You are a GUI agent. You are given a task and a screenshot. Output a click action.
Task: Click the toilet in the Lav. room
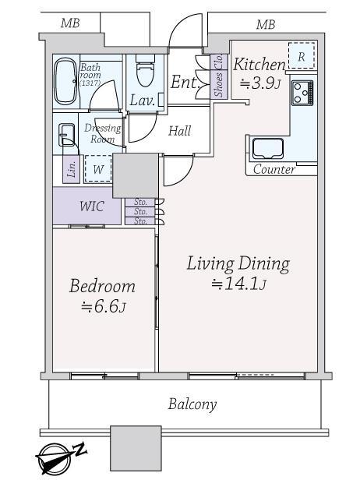[x=146, y=70]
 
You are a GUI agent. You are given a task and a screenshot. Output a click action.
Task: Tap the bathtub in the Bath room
[x=65, y=81]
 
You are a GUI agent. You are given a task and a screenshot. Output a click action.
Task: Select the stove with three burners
[x=302, y=93]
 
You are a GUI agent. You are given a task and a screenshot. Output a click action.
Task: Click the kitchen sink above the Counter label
[x=267, y=149]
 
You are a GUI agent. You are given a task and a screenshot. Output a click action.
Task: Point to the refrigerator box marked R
[x=302, y=56]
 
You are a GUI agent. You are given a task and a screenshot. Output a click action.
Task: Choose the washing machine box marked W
[x=98, y=169]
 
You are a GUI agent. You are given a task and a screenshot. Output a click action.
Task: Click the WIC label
[x=92, y=206]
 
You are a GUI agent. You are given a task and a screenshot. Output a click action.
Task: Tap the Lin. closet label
[x=72, y=169]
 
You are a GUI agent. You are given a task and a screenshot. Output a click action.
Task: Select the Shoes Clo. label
[x=218, y=76]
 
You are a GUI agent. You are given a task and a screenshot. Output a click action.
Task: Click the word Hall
[x=180, y=131]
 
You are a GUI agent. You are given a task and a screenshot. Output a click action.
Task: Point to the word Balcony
[x=192, y=404]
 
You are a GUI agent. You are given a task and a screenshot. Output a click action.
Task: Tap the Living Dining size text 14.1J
[x=238, y=284]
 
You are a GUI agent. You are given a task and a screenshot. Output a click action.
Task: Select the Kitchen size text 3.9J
[x=260, y=83]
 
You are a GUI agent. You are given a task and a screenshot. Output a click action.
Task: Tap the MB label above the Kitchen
[x=266, y=24]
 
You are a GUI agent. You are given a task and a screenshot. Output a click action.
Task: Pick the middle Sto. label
[x=140, y=211]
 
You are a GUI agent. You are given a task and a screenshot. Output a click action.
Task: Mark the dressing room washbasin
[x=67, y=135]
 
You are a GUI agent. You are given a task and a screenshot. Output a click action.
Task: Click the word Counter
[x=274, y=169]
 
